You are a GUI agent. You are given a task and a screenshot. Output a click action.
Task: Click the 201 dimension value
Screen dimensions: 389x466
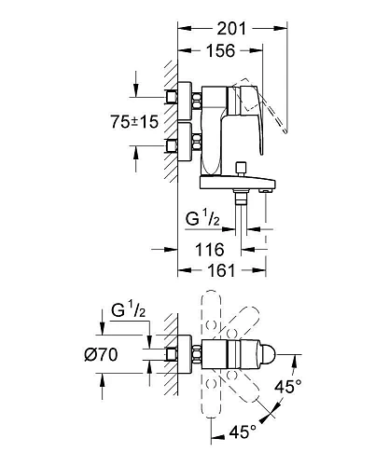(231, 29)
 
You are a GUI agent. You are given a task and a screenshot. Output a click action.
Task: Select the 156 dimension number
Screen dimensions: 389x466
(221, 51)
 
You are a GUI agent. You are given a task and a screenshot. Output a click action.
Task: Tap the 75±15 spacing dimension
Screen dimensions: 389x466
(134, 121)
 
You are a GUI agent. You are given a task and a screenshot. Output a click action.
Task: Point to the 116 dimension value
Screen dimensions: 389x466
(210, 250)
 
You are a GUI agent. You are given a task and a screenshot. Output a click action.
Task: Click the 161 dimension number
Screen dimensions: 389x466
(221, 270)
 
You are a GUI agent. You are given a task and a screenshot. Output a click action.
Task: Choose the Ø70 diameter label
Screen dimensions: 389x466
(101, 354)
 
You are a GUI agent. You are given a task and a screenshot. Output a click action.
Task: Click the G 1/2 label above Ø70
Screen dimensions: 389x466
(129, 310)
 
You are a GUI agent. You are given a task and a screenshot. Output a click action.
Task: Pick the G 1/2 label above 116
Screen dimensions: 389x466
(202, 218)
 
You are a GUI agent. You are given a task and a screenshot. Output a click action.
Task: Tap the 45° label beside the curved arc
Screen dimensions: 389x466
(288, 387)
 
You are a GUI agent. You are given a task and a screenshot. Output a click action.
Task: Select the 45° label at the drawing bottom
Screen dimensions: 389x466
(243, 432)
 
